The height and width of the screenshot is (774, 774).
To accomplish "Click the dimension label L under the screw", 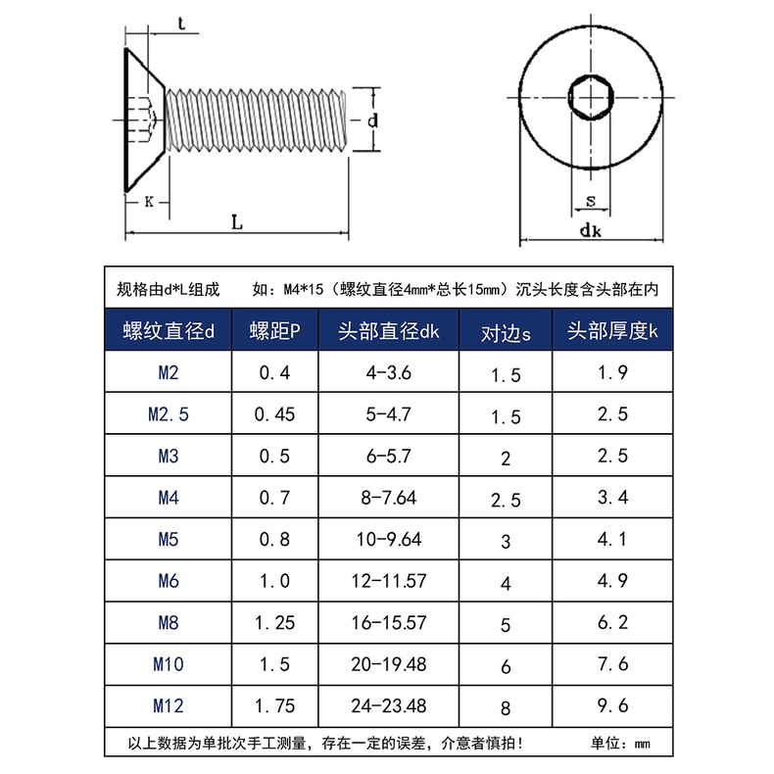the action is coord(237,222).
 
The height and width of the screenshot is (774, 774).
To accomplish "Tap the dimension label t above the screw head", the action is coord(181,23).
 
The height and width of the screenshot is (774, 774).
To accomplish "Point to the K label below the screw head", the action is coord(149,202).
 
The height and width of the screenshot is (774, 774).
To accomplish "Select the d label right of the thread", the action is coord(372,120).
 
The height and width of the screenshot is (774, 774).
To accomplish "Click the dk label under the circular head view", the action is coord(591,230).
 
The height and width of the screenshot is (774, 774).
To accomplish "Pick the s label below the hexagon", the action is coord(591,201).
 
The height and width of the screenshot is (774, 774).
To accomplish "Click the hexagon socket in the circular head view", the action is coord(591,97).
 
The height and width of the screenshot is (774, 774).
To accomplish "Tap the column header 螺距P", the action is coord(274,331).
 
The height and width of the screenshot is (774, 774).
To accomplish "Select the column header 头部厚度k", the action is coord(612,331).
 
